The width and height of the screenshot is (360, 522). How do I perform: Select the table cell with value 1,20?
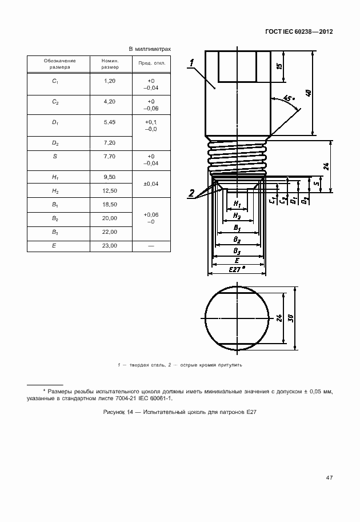(110, 81)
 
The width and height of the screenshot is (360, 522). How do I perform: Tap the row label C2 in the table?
(55, 102)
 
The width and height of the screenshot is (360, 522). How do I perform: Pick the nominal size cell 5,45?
(110, 122)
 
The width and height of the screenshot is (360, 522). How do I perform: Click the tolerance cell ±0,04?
(151, 184)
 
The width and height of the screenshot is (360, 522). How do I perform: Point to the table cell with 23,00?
(110, 245)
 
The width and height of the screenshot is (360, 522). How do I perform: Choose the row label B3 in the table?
(55, 232)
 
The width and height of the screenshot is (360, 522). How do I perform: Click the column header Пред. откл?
(151, 63)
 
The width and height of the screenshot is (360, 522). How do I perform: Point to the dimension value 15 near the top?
(279, 66)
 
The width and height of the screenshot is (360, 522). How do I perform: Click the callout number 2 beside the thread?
(193, 193)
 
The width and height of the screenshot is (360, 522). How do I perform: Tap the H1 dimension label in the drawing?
(237, 205)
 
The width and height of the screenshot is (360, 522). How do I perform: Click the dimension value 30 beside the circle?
(291, 318)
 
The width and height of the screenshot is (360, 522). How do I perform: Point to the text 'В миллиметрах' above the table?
(150, 49)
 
